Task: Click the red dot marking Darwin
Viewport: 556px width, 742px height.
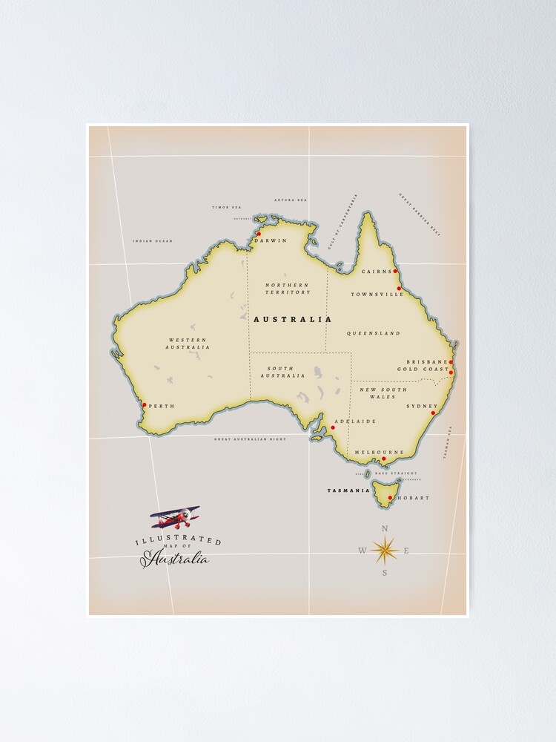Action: pyautogui.click(x=259, y=234)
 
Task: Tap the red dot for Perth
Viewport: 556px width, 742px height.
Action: pyautogui.click(x=145, y=406)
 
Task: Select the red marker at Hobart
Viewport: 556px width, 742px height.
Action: pyautogui.click(x=390, y=498)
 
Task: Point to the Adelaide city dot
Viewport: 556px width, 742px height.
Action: pyautogui.click(x=332, y=427)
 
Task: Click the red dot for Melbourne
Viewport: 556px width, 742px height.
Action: pyautogui.click(x=383, y=459)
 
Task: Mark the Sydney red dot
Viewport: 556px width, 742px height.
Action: pyautogui.click(x=434, y=413)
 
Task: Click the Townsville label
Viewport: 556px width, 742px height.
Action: pyautogui.click(x=377, y=295)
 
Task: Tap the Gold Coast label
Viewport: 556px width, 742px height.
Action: pyautogui.click(x=423, y=370)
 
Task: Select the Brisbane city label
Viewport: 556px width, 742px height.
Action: pyautogui.click(x=426, y=362)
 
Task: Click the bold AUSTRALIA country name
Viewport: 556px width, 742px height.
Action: pyautogui.click(x=292, y=319)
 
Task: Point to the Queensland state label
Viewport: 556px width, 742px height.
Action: pyautogui.click(x=373, y=334)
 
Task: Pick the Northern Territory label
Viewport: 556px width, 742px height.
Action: pyautogui.click(x=288, y=289)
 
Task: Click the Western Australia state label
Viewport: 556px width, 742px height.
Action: pyautogui.click(x=187, y=344)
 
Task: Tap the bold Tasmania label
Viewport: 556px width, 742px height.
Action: pyautogui.click(x=348, y=490)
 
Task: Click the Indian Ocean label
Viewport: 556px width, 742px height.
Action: pyautogui.click(x=152, y=241)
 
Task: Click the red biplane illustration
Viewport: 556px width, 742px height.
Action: pyautogui.click(x=176, y=516)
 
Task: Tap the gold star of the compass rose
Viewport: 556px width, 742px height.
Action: pyautogui.click(x=385, y=550)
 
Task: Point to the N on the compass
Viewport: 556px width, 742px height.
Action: pyautogui.click(x=384, y=528)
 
